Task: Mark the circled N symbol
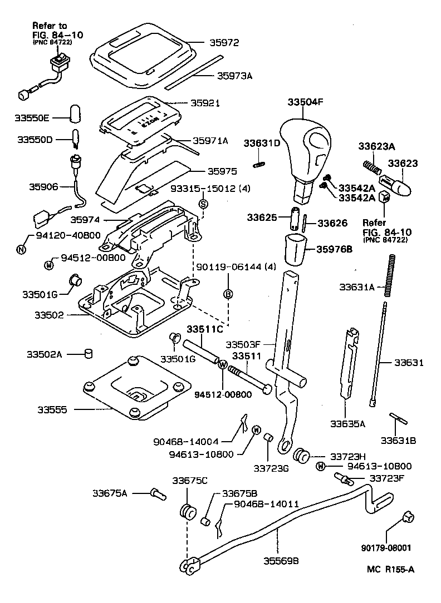[21, 249]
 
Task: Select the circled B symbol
[228, 294]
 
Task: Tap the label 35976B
[334, 250]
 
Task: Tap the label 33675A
[110, 492]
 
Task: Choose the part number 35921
[205, 103]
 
